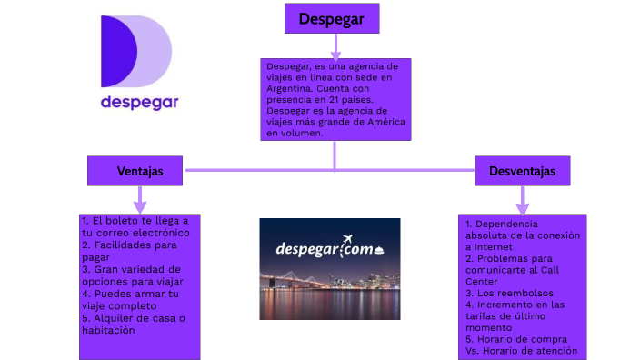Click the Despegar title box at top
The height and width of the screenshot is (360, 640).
(332, 18)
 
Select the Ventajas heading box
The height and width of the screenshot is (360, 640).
(135, 171)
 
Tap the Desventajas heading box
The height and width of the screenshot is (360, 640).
(523, 171)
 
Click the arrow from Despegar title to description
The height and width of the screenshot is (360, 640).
(335, 46)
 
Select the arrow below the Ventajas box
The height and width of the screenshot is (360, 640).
(140, 200)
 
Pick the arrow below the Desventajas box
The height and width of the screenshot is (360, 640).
(523, 200)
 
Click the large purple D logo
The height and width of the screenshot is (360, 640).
(136, 52)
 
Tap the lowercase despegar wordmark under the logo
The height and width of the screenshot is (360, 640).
(140, 103)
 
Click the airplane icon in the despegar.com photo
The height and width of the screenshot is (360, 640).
(347, 239)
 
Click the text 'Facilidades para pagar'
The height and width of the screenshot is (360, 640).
(129, 251)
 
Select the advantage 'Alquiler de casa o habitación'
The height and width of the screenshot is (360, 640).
(134, 324)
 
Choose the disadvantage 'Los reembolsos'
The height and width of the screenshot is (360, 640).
(509, 293)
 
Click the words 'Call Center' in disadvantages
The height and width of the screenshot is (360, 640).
(512, 276)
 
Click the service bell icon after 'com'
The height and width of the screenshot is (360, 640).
(379, 251)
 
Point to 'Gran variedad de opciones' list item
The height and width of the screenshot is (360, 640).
(133, 275)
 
